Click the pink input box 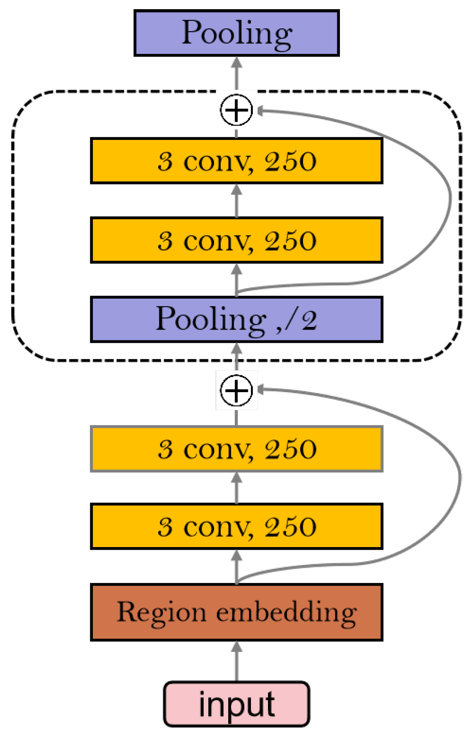(x=237, y=704)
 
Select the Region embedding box (x=237, y=612)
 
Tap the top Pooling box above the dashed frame (x=237, y=33)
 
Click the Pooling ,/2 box (x=237, y=320)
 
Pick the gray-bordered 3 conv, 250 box (x=237, y=449)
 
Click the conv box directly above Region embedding (x=237, y=526)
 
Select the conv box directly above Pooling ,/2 (x=237, y=240)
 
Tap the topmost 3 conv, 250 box (x=237, y=161)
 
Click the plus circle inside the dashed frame (x=237, y=110)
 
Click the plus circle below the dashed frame (x=237, y=390)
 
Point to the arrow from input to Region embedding (x=237, y=662)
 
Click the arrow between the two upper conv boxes (x=237, y=200)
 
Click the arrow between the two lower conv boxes (x=237, y=488)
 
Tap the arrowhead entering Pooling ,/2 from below (x=237, y=348)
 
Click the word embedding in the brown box (x=286, y=613)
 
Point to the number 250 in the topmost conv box (x=290, y=161)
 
